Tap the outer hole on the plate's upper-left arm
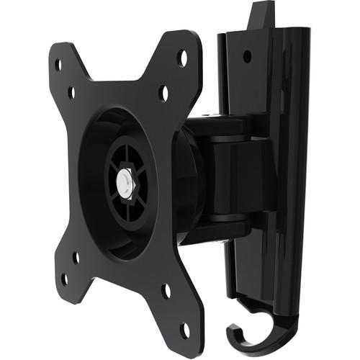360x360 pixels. pyautogui.click(x=58, y=64)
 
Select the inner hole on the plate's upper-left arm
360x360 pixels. pyautogui.click(x=71, y=92)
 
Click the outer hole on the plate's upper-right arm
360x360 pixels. pyautogui.click(x=182, y=55)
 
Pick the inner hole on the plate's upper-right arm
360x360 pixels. pyautogui.click(x=164, y=92)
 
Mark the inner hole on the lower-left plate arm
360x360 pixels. pyautogui.click(x=76, y=256)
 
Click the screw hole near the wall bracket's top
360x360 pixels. pyautogui.click(x=247, y=55)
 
